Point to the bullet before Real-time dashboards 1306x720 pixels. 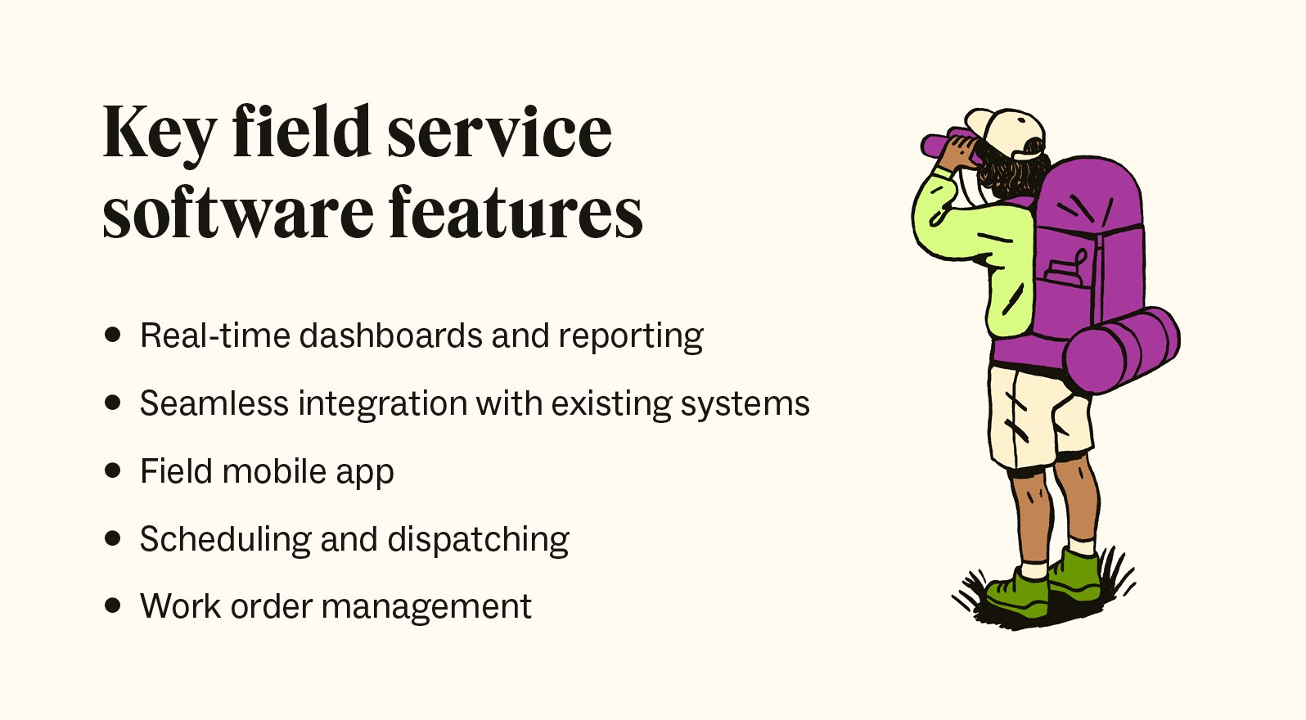tap(113, 335)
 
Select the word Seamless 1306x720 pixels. tap(214, 403)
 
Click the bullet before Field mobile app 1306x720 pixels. tap(113, 470)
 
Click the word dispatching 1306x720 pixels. tap(478, 540)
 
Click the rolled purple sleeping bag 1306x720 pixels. tap(1121, 350)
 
